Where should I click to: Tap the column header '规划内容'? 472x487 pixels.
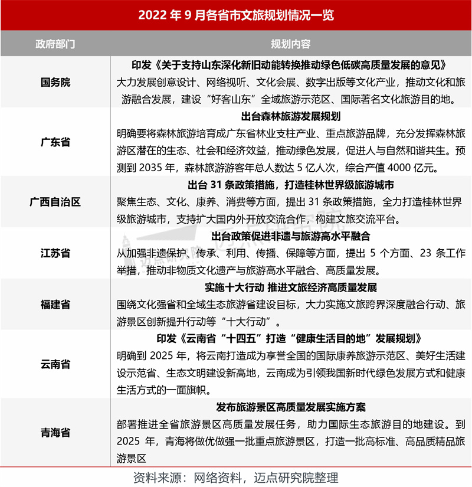pyautogui.click(x=291, y=44)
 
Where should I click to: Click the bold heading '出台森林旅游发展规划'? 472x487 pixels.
pyautogui.click(x=291, y=116)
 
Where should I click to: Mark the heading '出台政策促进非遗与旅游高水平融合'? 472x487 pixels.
pyautogui.click(x=291, y=236)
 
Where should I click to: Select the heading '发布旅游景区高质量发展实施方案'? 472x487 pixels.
pyautogui.click(x=291, y=407)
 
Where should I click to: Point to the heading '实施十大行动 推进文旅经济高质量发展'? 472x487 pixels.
pyautogui.click(x=291, y=287)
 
